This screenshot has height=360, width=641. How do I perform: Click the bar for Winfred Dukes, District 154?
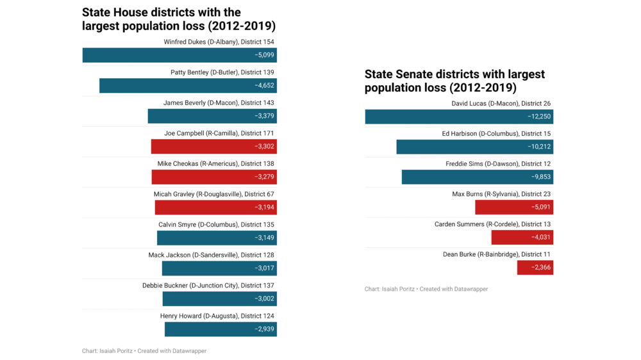179,55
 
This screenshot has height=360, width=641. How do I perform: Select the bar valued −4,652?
188,86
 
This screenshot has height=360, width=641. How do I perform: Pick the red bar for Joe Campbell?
213,147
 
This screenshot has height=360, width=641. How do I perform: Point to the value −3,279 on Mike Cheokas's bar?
264,177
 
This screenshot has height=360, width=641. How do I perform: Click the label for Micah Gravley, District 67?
213,194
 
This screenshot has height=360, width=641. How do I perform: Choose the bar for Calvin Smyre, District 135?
217,238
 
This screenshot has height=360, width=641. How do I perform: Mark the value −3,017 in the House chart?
264,268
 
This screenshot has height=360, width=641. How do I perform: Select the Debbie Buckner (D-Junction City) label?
208,286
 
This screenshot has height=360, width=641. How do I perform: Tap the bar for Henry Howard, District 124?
221,329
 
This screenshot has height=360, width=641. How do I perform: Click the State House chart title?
179,19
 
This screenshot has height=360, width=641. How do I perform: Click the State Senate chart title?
454,81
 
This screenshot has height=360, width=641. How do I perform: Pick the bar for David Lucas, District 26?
459,117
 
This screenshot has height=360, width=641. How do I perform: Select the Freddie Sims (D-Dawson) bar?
477,177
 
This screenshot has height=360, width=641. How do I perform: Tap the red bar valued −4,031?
522,238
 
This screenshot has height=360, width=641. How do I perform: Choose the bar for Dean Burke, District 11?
535,268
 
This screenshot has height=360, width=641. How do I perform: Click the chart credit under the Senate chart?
426,290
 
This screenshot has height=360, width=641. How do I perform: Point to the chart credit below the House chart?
144,351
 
